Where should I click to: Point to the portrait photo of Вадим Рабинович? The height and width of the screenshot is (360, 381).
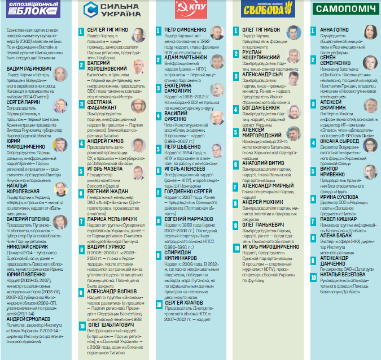point(60,72)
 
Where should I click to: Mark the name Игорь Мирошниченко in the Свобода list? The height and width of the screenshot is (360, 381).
point(270,246)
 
